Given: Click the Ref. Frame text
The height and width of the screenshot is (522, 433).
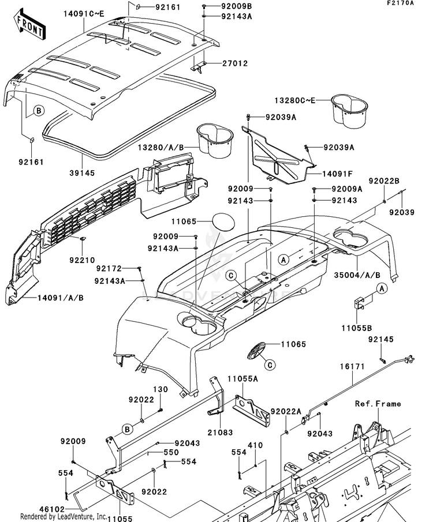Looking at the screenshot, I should pyautogui.click(x=378, y=404).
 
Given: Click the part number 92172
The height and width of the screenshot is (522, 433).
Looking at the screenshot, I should pyautogui.click(x=109, y=269).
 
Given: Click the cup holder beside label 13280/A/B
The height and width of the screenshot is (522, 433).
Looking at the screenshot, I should pyautogui.click(x=215, y=140).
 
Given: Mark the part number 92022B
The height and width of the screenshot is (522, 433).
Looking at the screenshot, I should pyautogui.click(x=387, y=181).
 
